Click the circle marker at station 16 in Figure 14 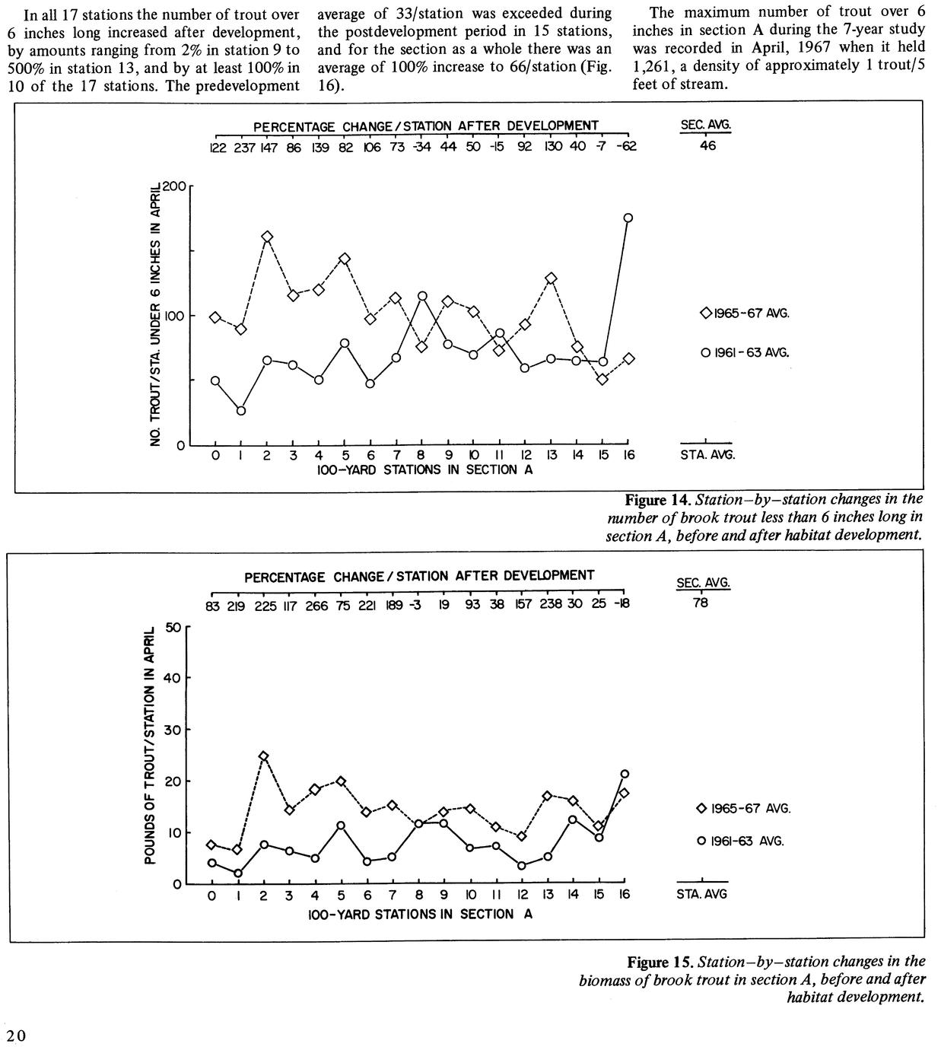click(628, 218)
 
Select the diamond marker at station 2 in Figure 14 click(267, 237)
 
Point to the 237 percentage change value click(243, 148)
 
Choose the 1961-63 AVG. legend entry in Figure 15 click(742, 841)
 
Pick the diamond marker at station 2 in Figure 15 click(263, 756)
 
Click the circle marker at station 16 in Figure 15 click(625, 774)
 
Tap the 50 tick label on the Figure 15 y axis click(172, 627)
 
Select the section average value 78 click(701, 603)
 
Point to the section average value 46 click(707, 147)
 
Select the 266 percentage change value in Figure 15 click(316, 605)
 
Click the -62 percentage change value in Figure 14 click(627, 148)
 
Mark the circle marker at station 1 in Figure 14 click(241, 411)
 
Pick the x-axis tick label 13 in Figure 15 click(547, 896)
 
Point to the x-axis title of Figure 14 click(424, 470)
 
